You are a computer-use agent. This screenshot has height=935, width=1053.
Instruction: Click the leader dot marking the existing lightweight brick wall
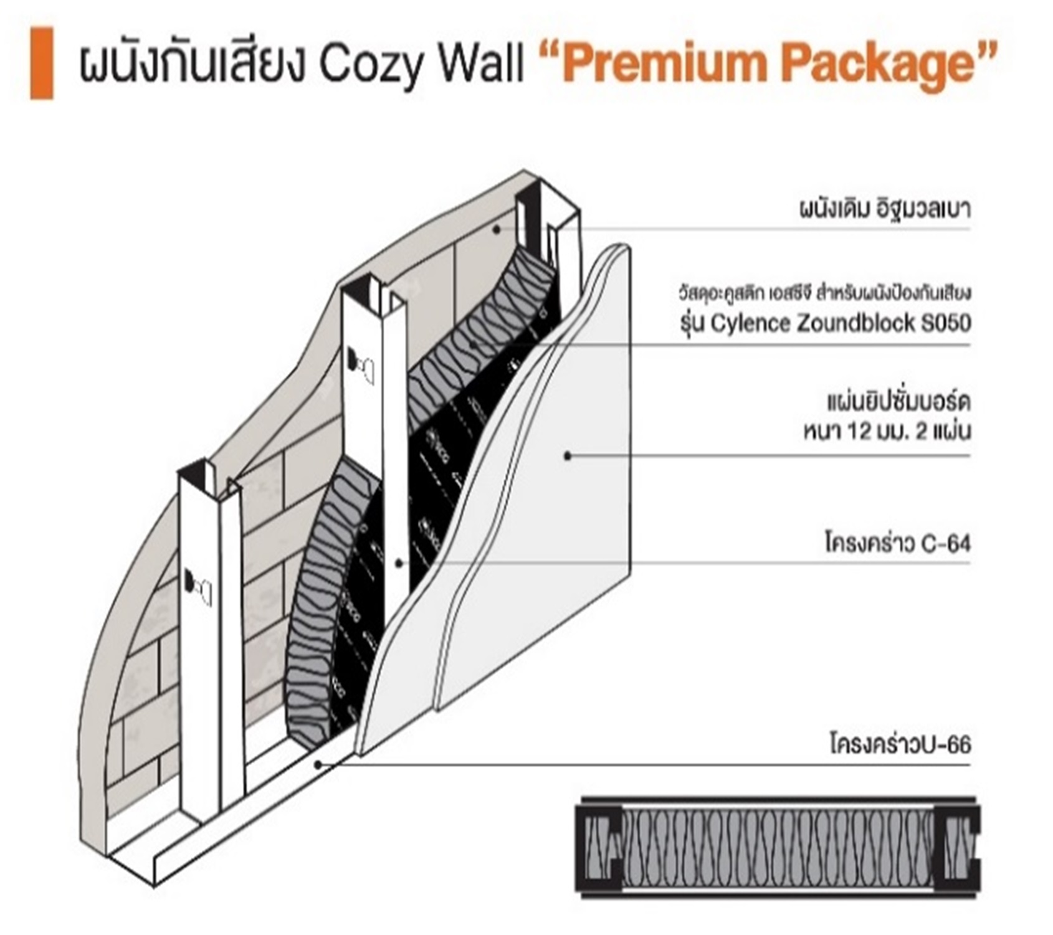coord(497,229)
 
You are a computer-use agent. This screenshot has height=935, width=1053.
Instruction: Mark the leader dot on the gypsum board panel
coord(568,456)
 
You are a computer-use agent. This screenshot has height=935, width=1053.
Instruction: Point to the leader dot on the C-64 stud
coord(399,563)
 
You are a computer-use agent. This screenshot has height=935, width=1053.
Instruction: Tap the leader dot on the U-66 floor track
coord(318,764)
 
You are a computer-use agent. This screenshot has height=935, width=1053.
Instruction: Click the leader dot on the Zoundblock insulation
coord(474,344)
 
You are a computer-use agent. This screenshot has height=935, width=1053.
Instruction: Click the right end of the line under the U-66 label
coord(971,764)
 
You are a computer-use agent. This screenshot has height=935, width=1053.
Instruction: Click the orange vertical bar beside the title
coord(42,63)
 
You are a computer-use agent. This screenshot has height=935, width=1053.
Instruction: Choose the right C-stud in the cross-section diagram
coord(955,847)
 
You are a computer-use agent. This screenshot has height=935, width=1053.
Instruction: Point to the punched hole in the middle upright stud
coord(361,367)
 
